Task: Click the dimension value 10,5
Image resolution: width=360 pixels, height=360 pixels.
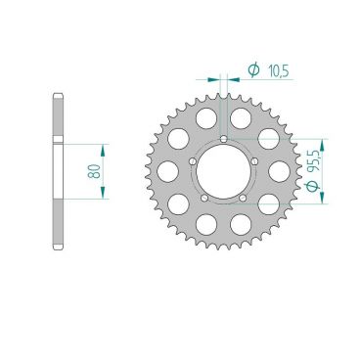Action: (x=277, y=69)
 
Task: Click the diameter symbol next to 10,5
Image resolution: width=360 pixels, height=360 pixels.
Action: (x=252, y=69)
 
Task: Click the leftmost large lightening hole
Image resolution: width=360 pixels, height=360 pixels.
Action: (x=168, y=169)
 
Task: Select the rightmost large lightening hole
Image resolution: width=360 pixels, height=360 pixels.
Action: (x=280, y=169)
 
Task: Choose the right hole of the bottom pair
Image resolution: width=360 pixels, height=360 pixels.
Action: (x=241, y=224)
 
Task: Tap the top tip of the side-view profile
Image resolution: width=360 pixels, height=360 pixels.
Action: (x=59, y=94)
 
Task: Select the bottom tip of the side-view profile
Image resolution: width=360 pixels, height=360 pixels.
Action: (x=59, y=247)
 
